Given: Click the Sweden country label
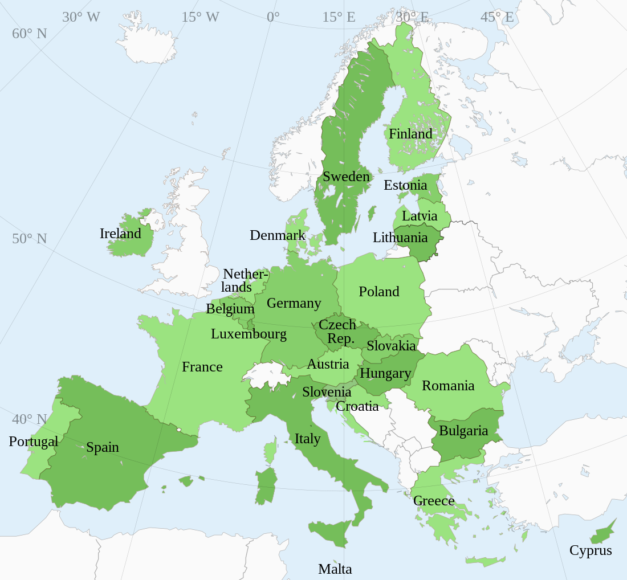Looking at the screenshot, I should pos(346,177).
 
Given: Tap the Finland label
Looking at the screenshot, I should pos(410,134).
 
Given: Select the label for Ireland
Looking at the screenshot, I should pos(120,234).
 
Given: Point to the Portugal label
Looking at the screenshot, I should pos(33,442).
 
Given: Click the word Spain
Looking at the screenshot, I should pos(103,447).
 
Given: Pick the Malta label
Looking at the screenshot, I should pos(335,569).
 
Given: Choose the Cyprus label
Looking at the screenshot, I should pos(591,550).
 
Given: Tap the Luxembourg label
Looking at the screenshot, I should pos(249,334).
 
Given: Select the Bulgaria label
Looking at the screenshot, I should pos(463,431).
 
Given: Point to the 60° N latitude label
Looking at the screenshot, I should pos(29,34).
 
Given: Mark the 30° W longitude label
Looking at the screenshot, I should pos(81,17).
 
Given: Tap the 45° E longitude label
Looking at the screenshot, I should pos(496,17).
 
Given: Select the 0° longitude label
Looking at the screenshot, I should pos(273,17).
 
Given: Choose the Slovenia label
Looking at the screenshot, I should pos(327,392).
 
